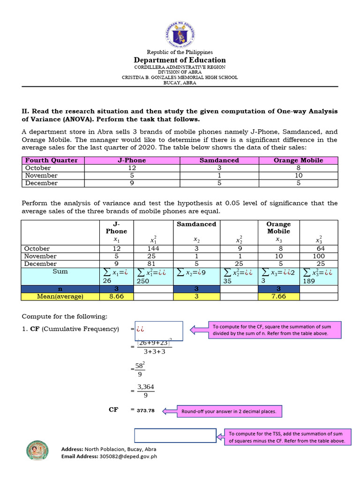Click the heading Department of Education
[180, 60]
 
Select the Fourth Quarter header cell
[51, 160]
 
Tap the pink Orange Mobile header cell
[298, 160]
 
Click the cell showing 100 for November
[318, 256]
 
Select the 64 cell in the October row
[318, 248]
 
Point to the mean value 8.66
[116, 296]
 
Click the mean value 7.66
[278, 296]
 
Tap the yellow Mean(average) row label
[60, 296]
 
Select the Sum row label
[60, 271]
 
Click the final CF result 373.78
[146, 410]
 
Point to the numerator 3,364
[145, 387]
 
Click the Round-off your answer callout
[229, 412]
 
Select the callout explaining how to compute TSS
[285, 437]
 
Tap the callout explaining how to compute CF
[270, 330]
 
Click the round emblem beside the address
[37, 450]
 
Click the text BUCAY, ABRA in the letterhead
[180, 83]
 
